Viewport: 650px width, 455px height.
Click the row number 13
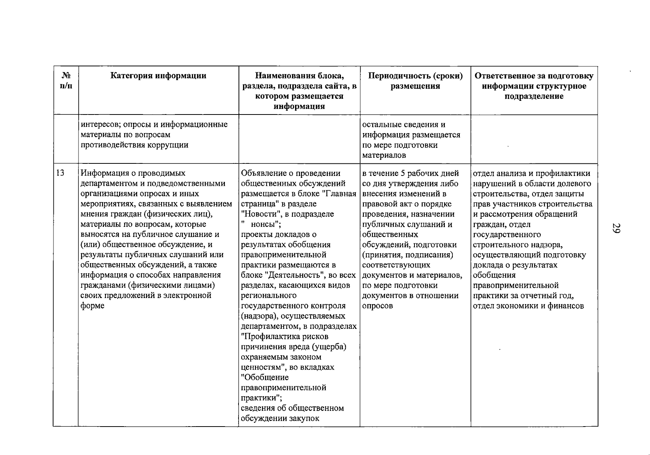pyautogui.click(x=60, y=173)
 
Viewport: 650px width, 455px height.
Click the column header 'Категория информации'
pyautogui.click(x=158, y=76)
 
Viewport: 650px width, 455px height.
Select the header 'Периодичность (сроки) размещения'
pyautogui.click(x=415, y=81)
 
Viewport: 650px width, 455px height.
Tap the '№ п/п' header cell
pyautogui.click(x=66, y=81)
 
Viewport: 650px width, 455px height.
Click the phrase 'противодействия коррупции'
pyautogui.click(x=134, y=145)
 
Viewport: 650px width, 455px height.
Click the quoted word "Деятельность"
pyautogui.click(x=290, y=275)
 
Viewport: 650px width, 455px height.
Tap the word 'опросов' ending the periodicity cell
pyautogui.click(x=377, y=306)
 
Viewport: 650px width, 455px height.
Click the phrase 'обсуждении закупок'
pyautogui.click(x=280, y=418)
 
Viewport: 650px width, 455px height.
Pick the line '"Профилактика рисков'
pyautogui.click(x=284, y=337)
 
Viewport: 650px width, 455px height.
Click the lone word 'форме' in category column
pyautogui.click(x=92, y=306)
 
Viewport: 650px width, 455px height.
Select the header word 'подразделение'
pyautogui.click(x=534, y=96)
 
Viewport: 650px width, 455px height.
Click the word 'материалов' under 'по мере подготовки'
pyautogui.click(x=384, y=155)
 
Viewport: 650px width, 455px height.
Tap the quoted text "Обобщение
pyautogui.click(x=265, y=377)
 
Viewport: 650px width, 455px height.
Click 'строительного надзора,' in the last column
pyautogui.click(x=518, y=245)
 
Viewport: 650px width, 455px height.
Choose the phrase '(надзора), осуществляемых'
pyautogui.click(x=293, y=316)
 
